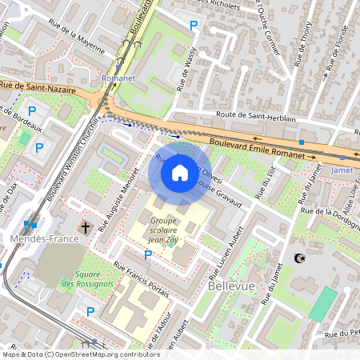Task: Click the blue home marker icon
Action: pos(179,172)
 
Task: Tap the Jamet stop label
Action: pos(342,170)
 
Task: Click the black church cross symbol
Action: pos(86,227)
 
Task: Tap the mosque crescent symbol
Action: pos(301,258)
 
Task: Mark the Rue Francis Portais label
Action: pos(142,280)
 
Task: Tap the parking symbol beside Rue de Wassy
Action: pos(193,26)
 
